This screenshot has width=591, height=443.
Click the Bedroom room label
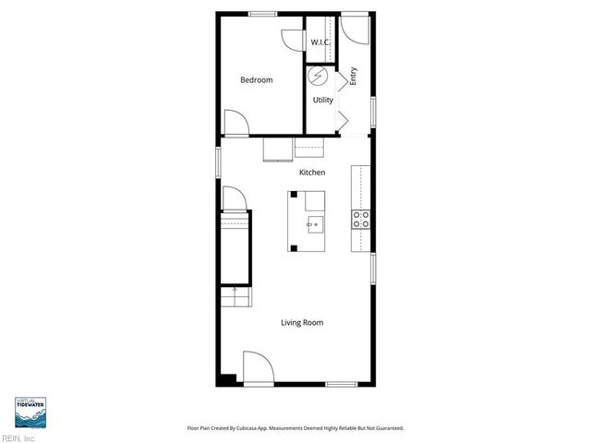256,80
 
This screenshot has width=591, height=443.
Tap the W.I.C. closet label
320,42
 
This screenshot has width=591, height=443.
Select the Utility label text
322,100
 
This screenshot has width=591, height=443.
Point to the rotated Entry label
353,78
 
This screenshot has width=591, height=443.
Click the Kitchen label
311,173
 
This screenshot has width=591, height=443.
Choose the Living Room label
302,322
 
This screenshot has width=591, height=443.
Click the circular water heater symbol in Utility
320,76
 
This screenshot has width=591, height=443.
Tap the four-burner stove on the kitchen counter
360,219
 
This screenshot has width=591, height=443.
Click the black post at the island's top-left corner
293,195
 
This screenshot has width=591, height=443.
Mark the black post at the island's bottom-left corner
293,247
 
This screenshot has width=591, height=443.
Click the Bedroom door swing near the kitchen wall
235,125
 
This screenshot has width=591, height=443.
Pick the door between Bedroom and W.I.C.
293,39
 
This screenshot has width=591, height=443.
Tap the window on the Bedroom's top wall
263,13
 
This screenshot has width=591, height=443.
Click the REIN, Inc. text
18,437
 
